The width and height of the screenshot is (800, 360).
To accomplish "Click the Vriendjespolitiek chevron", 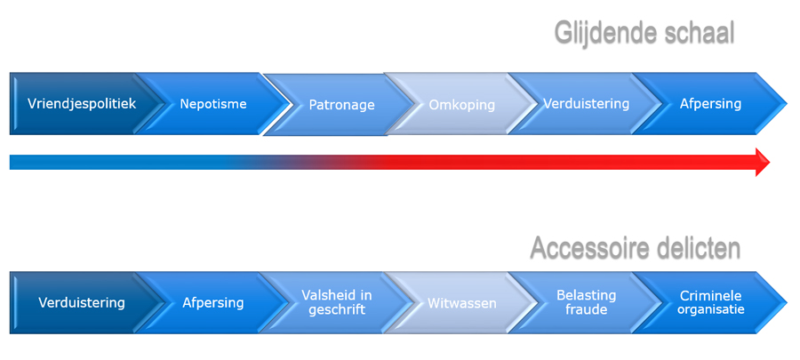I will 81,103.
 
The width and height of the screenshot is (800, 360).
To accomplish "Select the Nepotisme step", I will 213,104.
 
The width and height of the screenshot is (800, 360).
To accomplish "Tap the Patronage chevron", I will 341,105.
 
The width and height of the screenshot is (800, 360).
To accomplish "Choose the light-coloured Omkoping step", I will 461,105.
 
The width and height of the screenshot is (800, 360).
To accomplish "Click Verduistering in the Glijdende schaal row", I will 586,103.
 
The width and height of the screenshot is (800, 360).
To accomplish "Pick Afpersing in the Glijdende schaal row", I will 710,103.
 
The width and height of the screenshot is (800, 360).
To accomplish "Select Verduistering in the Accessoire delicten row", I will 81,302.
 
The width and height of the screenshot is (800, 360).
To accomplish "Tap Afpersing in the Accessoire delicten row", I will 213,302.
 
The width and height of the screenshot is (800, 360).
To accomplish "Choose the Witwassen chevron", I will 461,303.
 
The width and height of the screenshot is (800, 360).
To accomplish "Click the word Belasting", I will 586,295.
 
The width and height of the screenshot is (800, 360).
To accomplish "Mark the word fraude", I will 586,310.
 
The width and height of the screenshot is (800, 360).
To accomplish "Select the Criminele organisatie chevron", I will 710,302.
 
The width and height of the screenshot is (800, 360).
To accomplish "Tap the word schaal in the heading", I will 699,32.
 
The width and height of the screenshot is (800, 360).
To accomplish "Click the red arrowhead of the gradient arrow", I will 762,162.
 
